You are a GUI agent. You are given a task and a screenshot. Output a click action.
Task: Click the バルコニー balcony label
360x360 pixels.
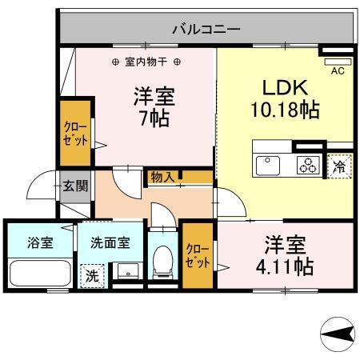coord(206,30)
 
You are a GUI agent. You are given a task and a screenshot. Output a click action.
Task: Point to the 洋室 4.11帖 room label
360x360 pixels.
coord(284,254)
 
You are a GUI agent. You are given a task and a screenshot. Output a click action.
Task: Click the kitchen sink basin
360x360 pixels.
coord(267,165)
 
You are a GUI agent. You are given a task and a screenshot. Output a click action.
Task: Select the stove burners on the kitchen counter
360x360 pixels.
coord(308,166)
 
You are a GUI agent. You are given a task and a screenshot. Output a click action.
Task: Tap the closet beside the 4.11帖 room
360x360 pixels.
coord(197,255)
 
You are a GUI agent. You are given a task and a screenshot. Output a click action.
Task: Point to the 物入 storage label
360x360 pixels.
coord(162,177)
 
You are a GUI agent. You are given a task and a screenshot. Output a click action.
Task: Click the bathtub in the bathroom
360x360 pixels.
coord(40,274)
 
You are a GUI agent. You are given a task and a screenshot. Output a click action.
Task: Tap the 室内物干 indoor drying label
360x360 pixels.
coord(146,62)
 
